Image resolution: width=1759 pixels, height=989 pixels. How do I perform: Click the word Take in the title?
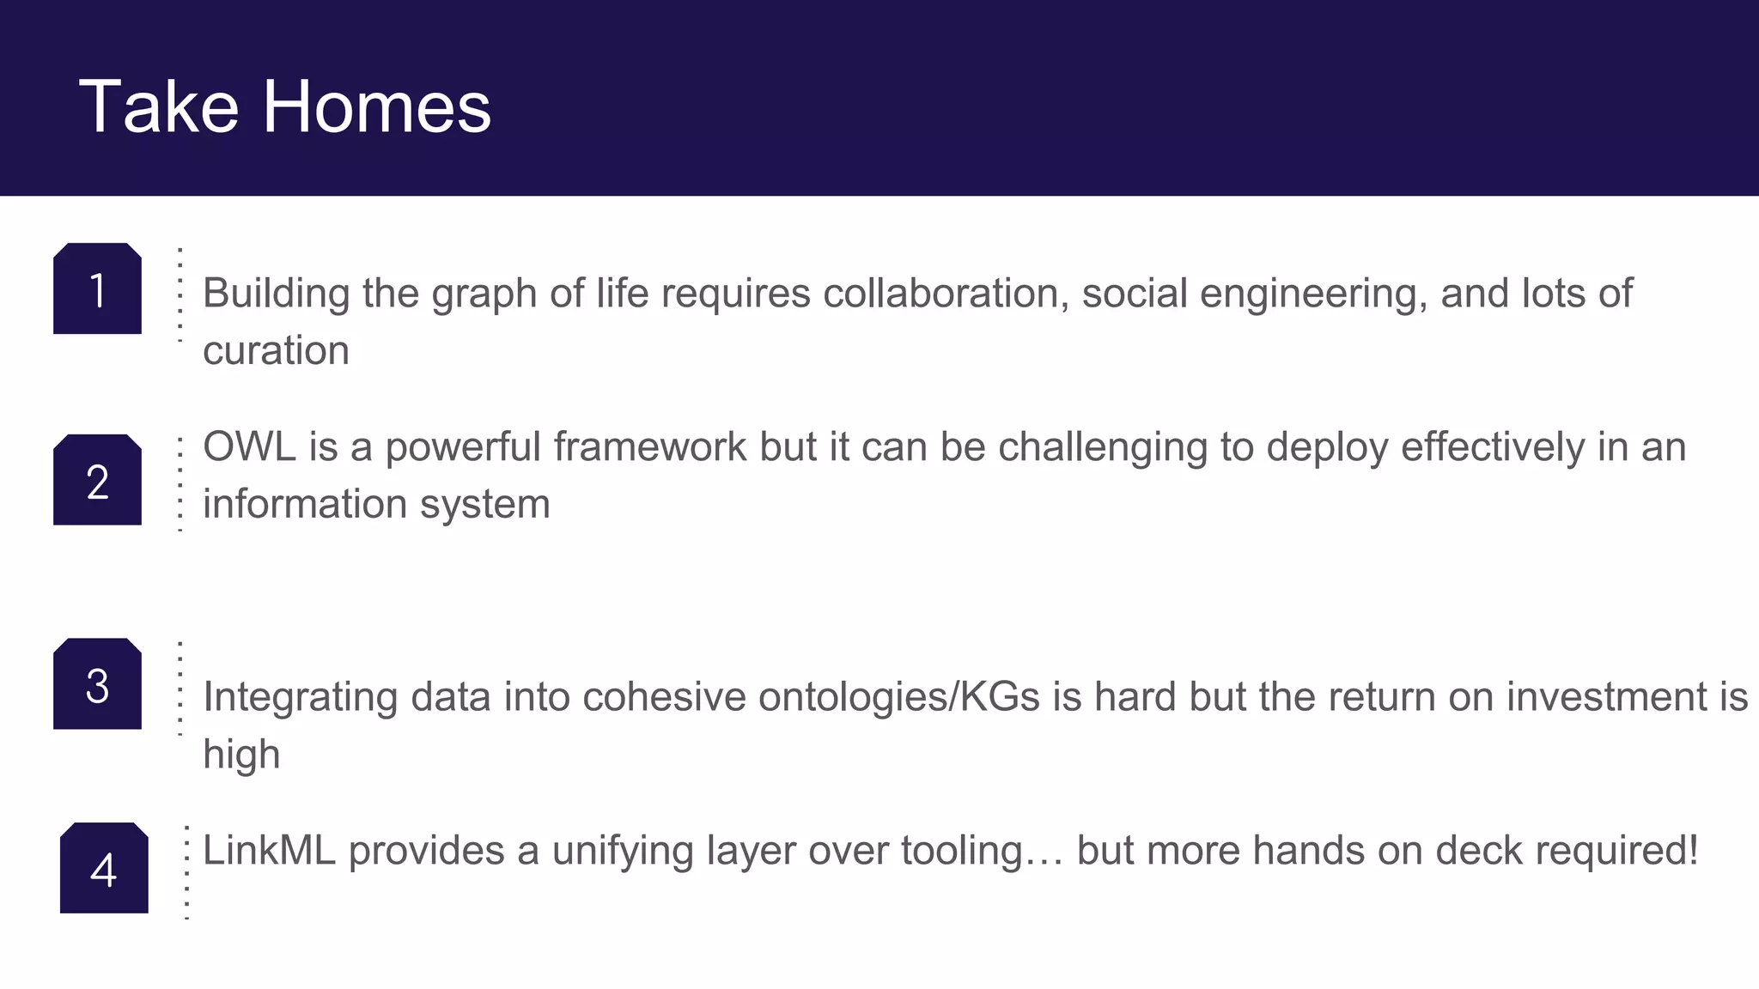coord(158,106)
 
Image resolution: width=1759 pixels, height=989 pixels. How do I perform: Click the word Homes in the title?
coord(376,106)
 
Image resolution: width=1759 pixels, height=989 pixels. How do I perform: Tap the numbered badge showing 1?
coord(97,289)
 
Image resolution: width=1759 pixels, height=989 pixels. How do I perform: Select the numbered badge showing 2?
coord(97,481)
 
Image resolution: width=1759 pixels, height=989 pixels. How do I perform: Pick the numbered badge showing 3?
coord(97,685)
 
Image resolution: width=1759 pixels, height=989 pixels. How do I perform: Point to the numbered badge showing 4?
coord(104,869)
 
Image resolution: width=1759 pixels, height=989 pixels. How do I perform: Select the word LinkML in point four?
coord(268,851)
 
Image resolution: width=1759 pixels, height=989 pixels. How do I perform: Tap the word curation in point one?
coord(276,351)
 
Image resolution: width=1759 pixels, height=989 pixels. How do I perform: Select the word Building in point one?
coord(276,294)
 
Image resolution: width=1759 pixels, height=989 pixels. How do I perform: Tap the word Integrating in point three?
coord(300,697)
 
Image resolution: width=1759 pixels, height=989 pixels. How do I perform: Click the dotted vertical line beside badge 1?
coord(180,294)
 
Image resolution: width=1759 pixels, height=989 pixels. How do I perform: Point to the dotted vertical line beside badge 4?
coord(186,872)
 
